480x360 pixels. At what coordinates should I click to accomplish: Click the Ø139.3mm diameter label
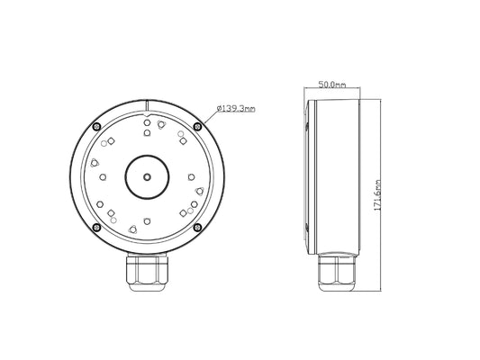[236, 109]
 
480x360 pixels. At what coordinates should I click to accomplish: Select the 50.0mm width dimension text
[332, 85]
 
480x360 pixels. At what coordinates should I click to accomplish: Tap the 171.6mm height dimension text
[377, 195]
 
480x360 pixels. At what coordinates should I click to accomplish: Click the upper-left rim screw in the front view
[96, 126]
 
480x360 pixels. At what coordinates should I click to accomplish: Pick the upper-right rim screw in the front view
[198, 126]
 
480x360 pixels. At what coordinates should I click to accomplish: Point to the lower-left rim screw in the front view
[96, 228]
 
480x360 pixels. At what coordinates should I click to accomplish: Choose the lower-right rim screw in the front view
[198, 228]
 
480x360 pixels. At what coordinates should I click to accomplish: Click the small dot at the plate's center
[148, 176]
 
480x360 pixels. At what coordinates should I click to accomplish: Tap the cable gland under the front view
[147, 272]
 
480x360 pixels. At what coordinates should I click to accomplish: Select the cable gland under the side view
[337, 272]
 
